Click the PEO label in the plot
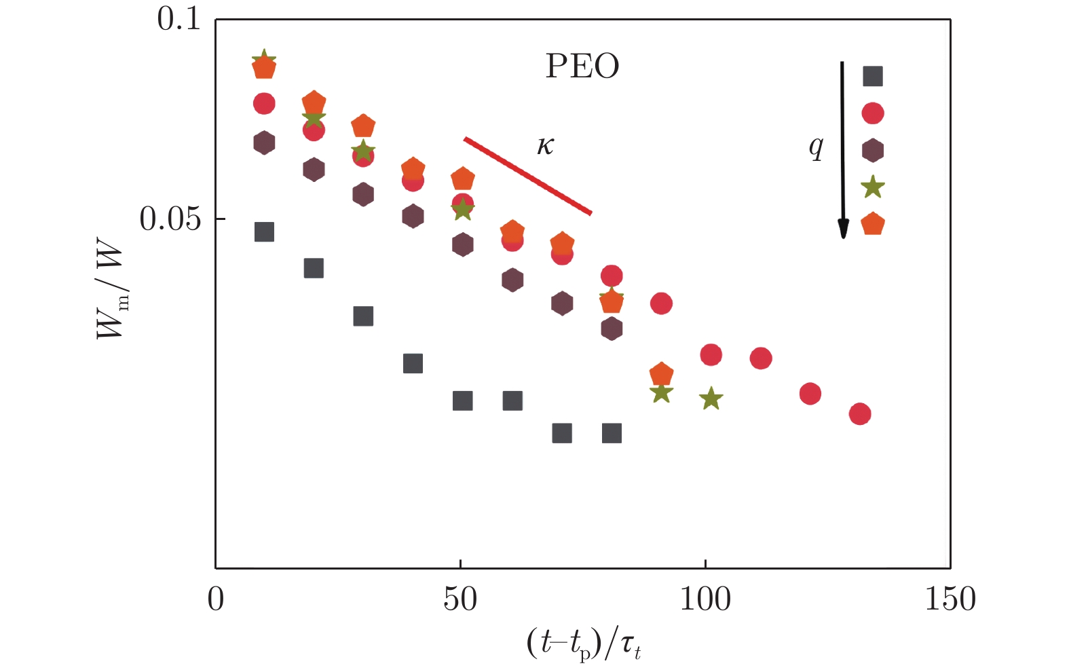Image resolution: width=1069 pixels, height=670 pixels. pyautogui.click(x=582, y=67)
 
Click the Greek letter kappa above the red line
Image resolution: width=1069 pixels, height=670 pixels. pyautogui.click(x=545, y=145)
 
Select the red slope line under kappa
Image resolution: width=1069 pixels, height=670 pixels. pyautogui.click(x=528, y=176)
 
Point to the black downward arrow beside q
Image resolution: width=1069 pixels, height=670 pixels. pyautogui.click(x=842, y=149)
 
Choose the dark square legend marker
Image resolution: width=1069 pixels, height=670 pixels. pyautogui.click(x=872, y=76)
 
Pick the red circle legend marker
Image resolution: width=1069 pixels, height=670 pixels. pyautogui.click(x=872, y=113)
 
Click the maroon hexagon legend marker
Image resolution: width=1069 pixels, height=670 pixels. pyautogui.click(x=872, y=150)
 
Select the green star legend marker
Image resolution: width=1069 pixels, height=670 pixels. pyautogui.click(x=872, y=187)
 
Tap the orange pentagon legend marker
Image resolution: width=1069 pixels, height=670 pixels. pyautogui.click(x=872, y=224)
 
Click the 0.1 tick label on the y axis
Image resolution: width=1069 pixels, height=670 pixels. pyautogui.click(x=179, y=19)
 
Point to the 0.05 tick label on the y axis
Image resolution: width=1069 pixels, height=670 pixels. pyautogui.click(x=170, y=219)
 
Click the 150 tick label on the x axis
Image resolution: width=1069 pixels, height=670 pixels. pyautogui.click(x=950, y=599)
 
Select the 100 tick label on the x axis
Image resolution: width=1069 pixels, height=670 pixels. pyautogui.click(x=705, y=599)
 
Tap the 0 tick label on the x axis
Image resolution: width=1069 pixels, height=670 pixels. pyautogui.click(x=216, y=599)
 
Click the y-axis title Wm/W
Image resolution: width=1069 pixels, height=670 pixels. pyautogui.click(x=111, y=292)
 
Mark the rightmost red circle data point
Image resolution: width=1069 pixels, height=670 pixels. pyautogui.click(x=859, y=414)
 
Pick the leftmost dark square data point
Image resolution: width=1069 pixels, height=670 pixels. pyautogui.click(x=264, y=232)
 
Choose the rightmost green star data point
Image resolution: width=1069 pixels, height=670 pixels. pyautogui.click(x=711, y=398)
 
